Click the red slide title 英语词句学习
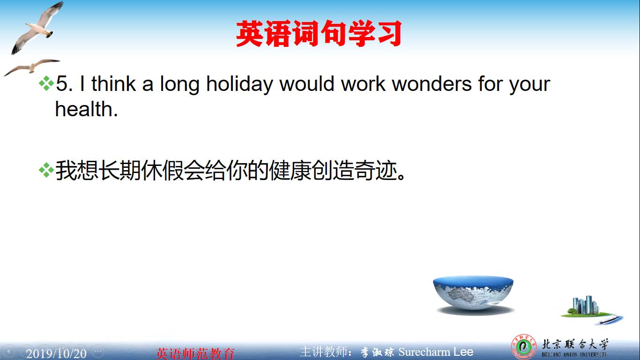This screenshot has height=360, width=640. point(319,34)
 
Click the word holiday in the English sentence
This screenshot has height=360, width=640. point(239,84)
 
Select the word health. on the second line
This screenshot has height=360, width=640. point(86,109)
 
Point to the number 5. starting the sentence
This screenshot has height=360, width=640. point(65,84)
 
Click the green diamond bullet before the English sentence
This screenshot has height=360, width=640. point(46,84)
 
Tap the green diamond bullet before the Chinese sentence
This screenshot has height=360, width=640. point(46,171)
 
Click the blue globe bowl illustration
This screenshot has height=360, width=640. point(473,293)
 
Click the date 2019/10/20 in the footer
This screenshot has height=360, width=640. point(56,353)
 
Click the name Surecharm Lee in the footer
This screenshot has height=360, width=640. point(436,352)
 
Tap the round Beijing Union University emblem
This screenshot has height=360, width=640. point(523,347)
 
